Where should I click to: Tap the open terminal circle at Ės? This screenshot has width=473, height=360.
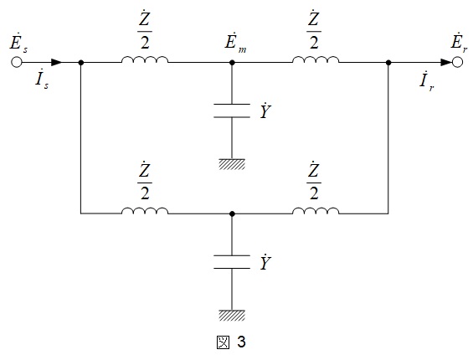click(17, 63)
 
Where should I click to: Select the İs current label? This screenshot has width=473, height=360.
click(42, 80)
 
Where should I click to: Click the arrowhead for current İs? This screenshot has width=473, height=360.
click(56, 63)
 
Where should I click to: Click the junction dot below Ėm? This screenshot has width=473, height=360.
click(232, 63)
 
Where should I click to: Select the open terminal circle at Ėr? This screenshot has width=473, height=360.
click(457, 63)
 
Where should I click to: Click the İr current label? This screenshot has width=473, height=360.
click(427, 81)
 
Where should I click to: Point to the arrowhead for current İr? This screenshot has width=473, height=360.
click(446, 63)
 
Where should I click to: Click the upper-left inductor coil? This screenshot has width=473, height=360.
click(145, 59)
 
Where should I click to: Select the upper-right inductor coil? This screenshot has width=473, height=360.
click(316, 59)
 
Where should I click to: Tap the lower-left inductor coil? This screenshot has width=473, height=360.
click(145, 210)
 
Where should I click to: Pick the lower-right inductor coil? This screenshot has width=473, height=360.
click(316, 210)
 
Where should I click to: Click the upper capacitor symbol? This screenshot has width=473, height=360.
click(232, 111)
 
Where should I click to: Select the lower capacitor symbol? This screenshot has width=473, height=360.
click(232, 261)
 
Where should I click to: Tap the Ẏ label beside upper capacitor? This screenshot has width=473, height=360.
click(265, 111)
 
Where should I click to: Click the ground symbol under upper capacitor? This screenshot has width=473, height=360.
click(232, 164)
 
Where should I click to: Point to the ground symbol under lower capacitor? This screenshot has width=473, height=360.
click(232, 315)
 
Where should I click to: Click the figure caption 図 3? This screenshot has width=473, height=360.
click(231, 342)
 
